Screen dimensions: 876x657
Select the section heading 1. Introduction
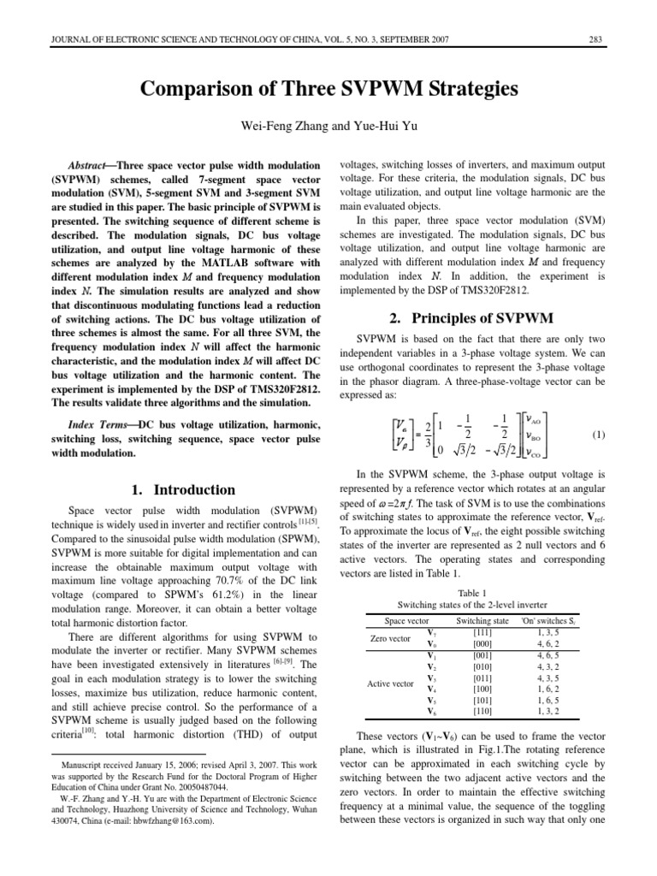183,490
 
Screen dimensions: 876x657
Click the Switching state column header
482,620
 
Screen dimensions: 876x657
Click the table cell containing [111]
482,632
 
